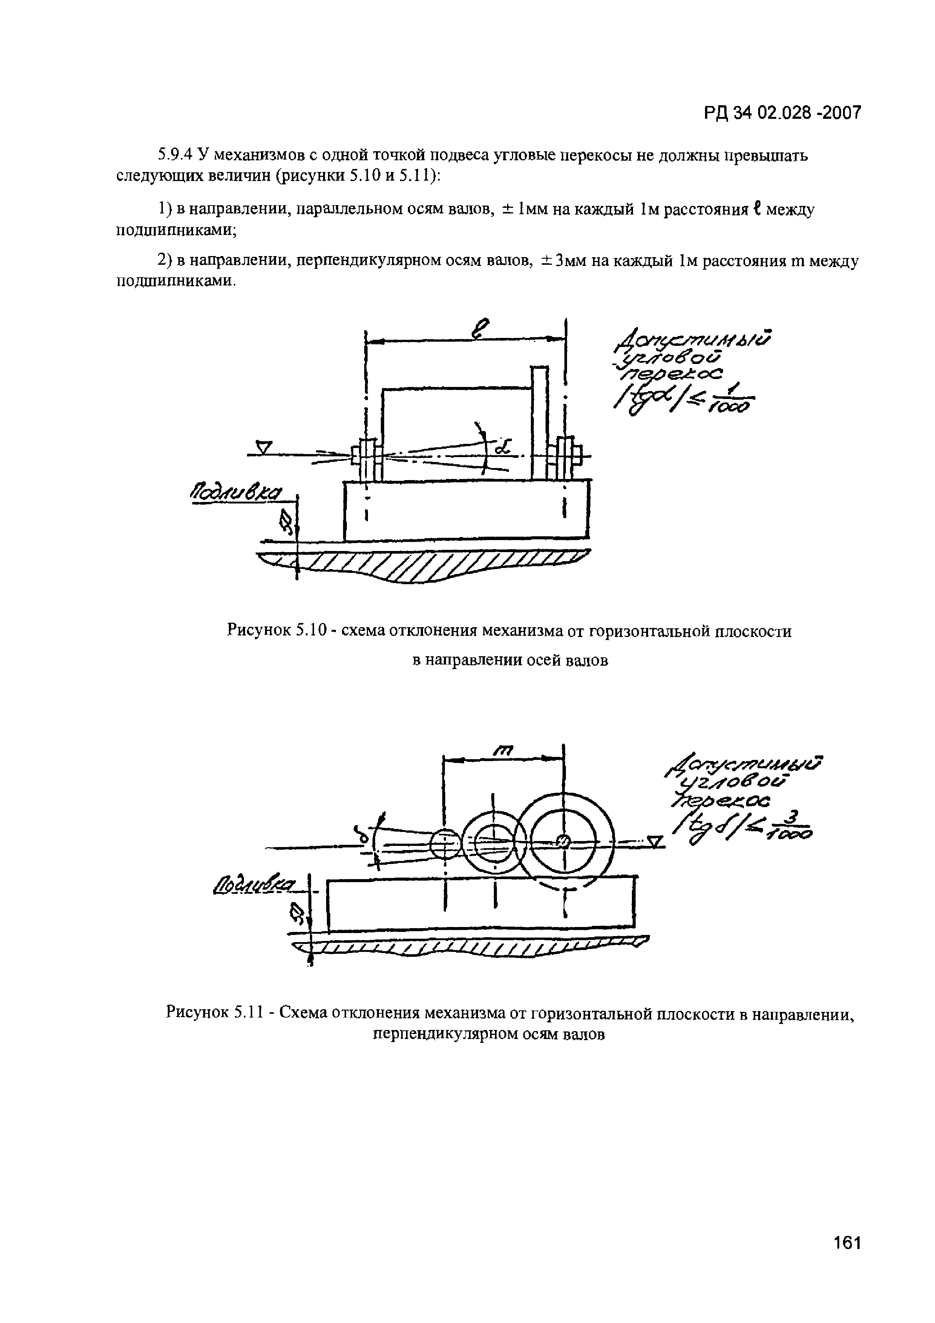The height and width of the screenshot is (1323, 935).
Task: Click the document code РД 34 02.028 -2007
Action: [x=782, y=113]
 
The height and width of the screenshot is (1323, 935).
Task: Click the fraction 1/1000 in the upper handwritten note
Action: [x=734, y=402]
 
